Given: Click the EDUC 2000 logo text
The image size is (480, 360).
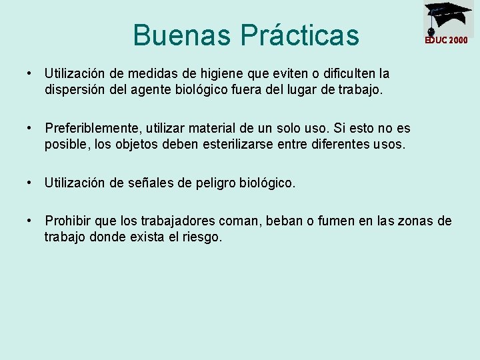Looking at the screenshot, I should [x=447, y=40].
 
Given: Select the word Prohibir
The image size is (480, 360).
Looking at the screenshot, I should [x=67, y=221].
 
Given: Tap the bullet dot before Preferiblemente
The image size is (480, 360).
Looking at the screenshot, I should [x=31, y=127].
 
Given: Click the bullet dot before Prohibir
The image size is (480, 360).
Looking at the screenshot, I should [x=31, y=221].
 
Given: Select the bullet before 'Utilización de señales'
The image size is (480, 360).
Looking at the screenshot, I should [x=31, y=182].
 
